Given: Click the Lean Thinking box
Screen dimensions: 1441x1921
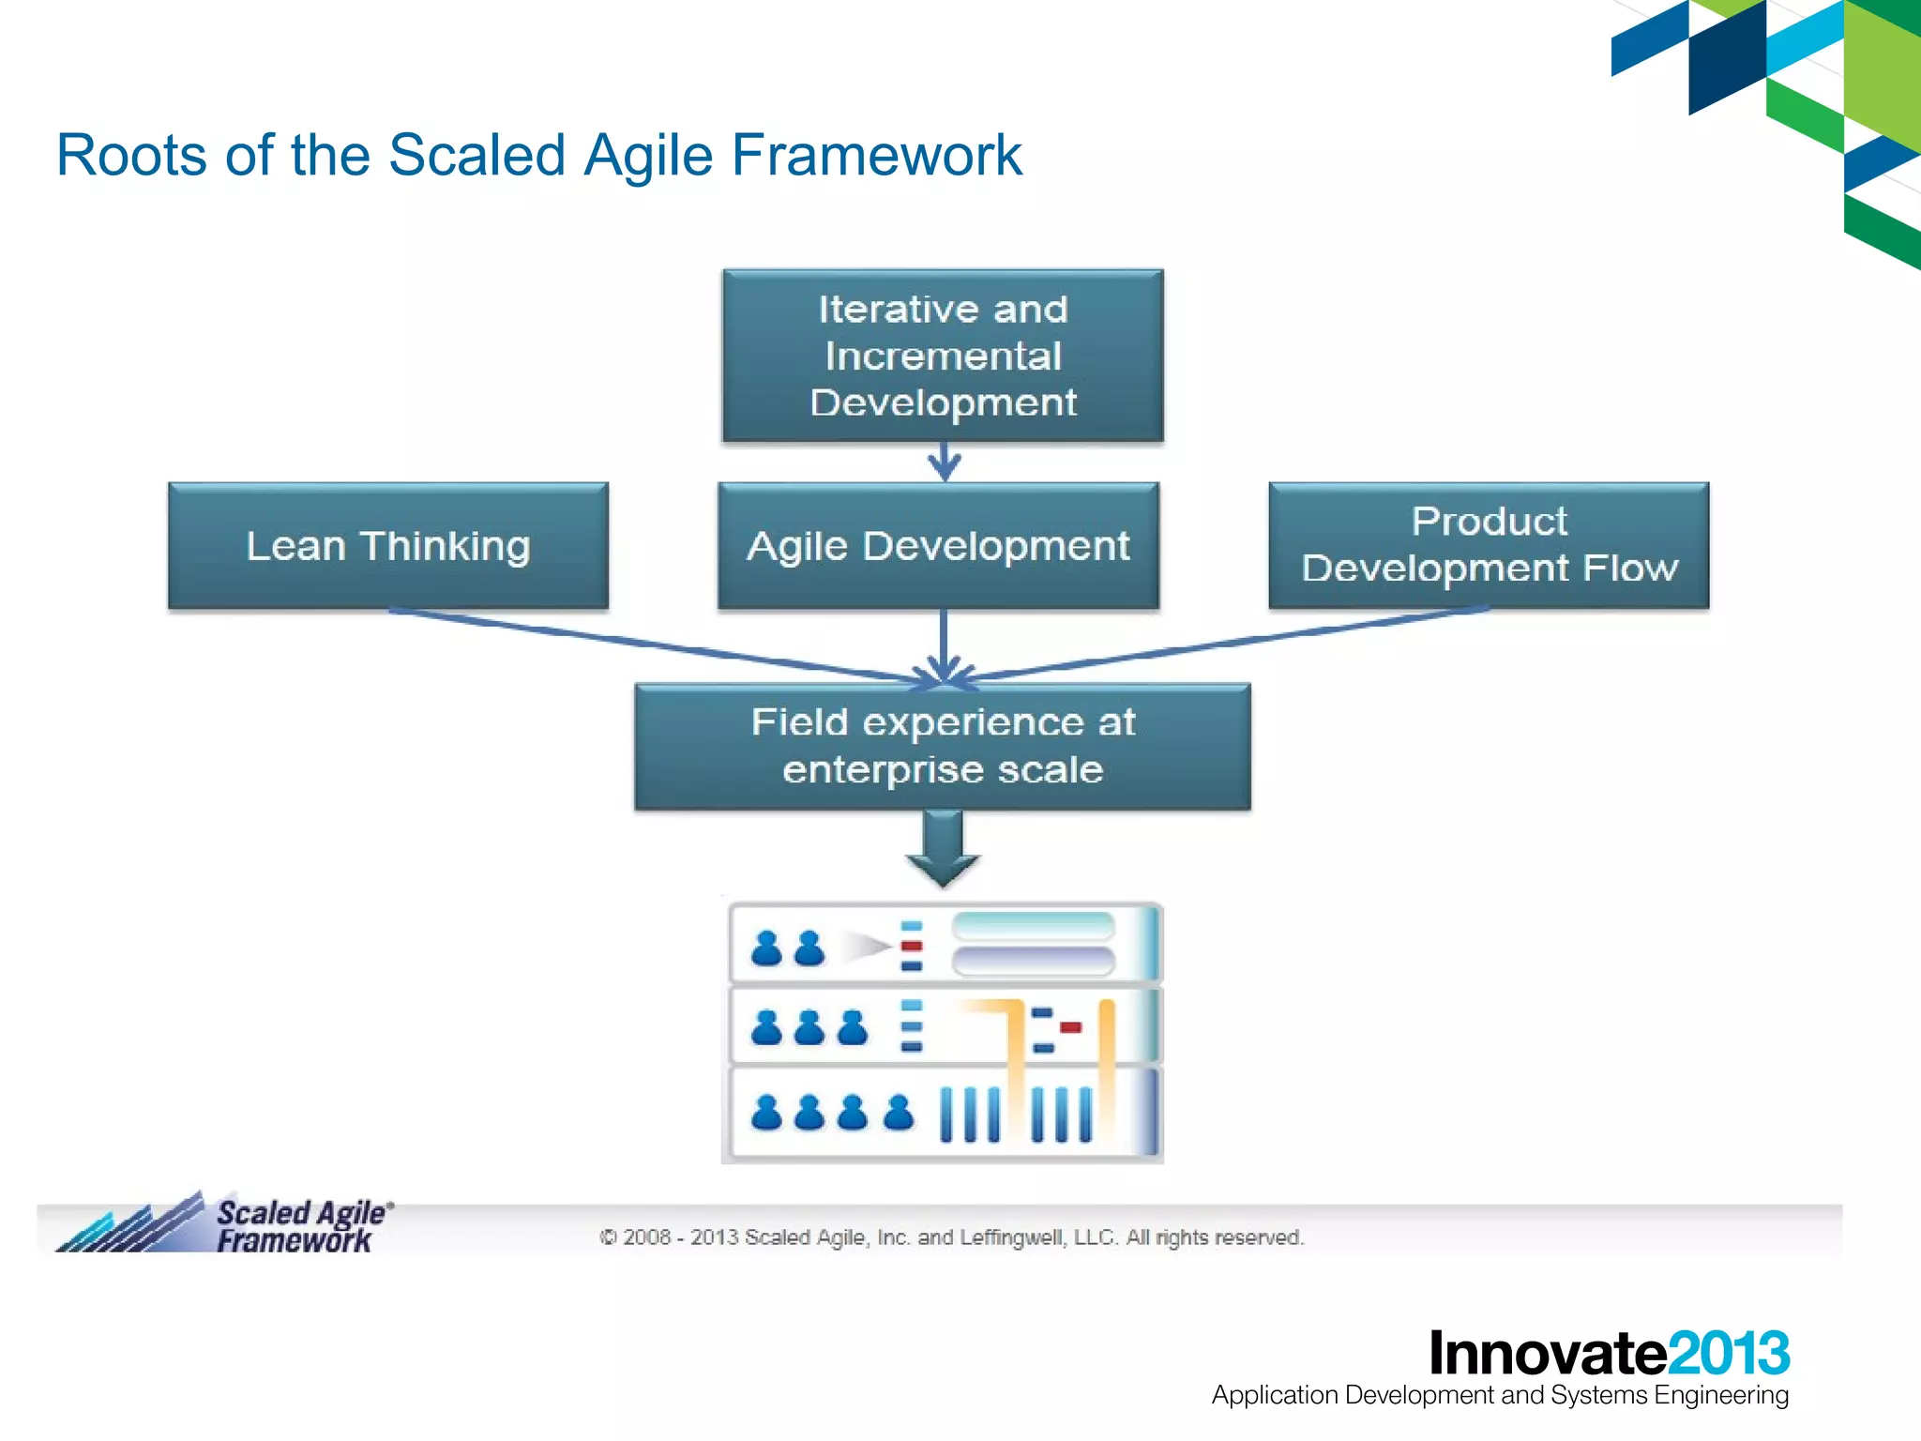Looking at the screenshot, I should click(387, 546).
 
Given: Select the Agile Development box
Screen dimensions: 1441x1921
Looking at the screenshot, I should click(938, 546).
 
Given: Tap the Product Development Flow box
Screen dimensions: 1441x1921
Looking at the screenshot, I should click(1489, 546).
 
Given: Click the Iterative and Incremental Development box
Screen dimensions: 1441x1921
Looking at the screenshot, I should click(943, 356).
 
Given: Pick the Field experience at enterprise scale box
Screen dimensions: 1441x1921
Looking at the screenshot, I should click(943, 747).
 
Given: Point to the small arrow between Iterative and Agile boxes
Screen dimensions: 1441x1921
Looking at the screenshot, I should click(944, 462).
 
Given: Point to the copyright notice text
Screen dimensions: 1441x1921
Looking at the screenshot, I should click(951, 1237).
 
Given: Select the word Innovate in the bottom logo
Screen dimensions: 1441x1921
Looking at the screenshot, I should click(1548, 1354).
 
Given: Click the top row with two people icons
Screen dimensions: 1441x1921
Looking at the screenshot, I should click(944, 944).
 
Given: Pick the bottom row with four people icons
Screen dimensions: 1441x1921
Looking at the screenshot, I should click(944, 1114).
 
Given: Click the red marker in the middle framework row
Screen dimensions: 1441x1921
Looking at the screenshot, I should click(1070, 1026).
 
